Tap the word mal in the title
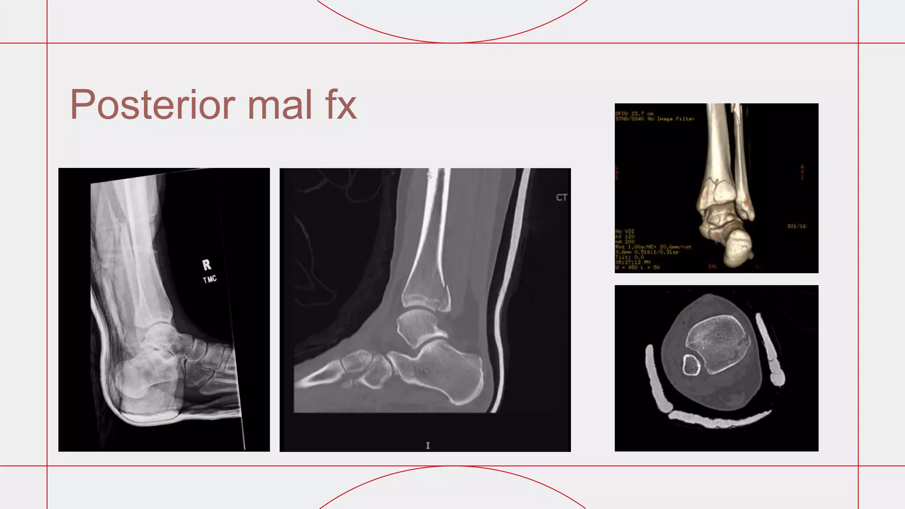point(280,105)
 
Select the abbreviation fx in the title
point(341,105)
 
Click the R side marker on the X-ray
point(206,265)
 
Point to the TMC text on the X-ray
point(209,279)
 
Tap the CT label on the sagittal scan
point(561,198)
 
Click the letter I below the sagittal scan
point(427,445)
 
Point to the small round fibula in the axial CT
point(691,365)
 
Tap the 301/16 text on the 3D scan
point(796,226)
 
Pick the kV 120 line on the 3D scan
point(624,236)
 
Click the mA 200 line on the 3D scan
point(624,242)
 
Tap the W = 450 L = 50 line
point(637,267)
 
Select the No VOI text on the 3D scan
point(624,231)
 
